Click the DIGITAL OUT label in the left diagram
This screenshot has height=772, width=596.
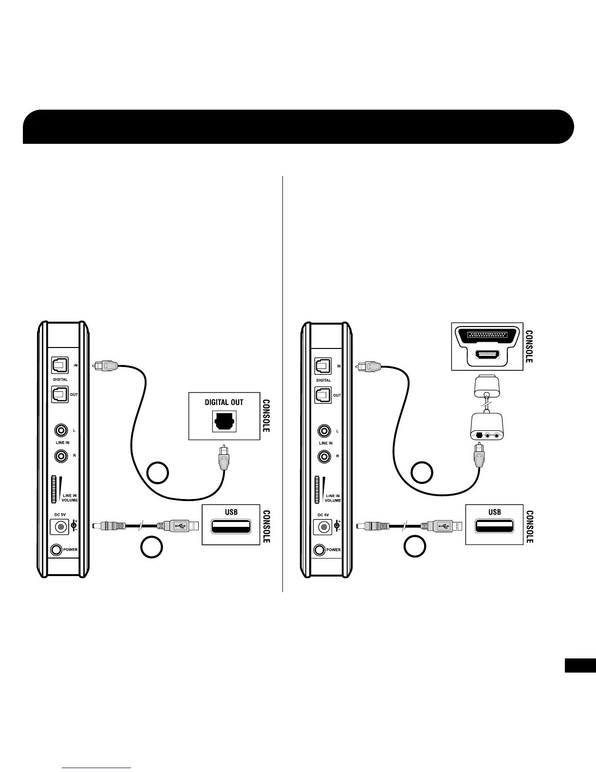[224, 402]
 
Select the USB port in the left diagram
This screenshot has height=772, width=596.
[231, 526]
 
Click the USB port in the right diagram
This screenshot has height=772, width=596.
[494, 526]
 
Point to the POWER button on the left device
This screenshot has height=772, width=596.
[56, 549]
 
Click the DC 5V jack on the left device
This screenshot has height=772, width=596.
[60, 527]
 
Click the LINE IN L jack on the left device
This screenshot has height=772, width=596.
[61, 431]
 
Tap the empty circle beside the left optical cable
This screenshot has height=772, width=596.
[158, 473]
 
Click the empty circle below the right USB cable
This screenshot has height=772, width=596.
[415, 547]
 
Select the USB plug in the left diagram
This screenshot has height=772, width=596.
[178, 526]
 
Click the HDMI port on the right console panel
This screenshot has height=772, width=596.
[487, 356]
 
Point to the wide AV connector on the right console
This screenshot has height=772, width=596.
[487, 336]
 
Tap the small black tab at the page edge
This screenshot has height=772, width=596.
[580, 665]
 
